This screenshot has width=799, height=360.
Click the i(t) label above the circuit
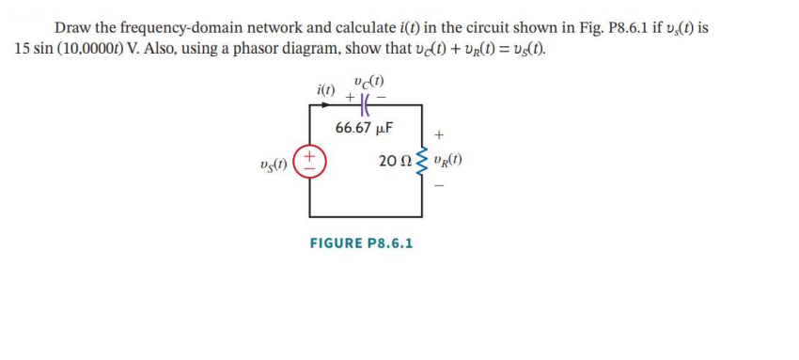tap(326, 90)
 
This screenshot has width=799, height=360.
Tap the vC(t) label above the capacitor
tap(367, 81)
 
